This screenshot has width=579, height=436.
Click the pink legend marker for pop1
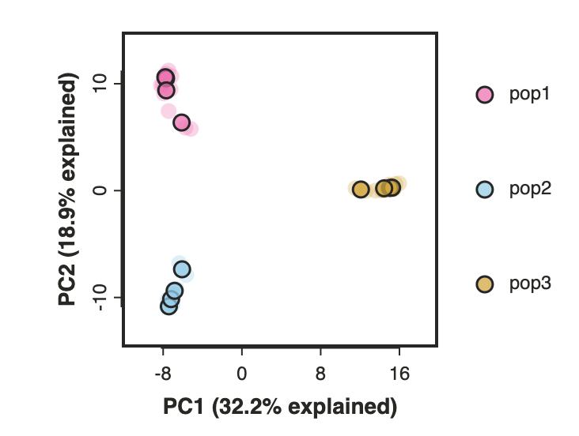484,95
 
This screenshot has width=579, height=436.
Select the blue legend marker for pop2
484,190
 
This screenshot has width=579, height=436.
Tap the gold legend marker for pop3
484,284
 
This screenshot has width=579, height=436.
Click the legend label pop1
529,95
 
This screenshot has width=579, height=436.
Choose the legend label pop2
530,190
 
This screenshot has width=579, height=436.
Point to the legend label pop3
530,284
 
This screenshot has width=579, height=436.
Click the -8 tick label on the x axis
163,374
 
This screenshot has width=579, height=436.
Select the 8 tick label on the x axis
320,374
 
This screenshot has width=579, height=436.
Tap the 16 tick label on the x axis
399,374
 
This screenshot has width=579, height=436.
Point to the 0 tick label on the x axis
241,374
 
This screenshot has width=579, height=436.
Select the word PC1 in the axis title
184,407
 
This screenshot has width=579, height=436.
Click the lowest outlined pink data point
181,122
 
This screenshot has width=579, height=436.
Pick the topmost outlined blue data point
182,269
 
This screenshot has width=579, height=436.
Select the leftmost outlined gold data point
361,190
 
